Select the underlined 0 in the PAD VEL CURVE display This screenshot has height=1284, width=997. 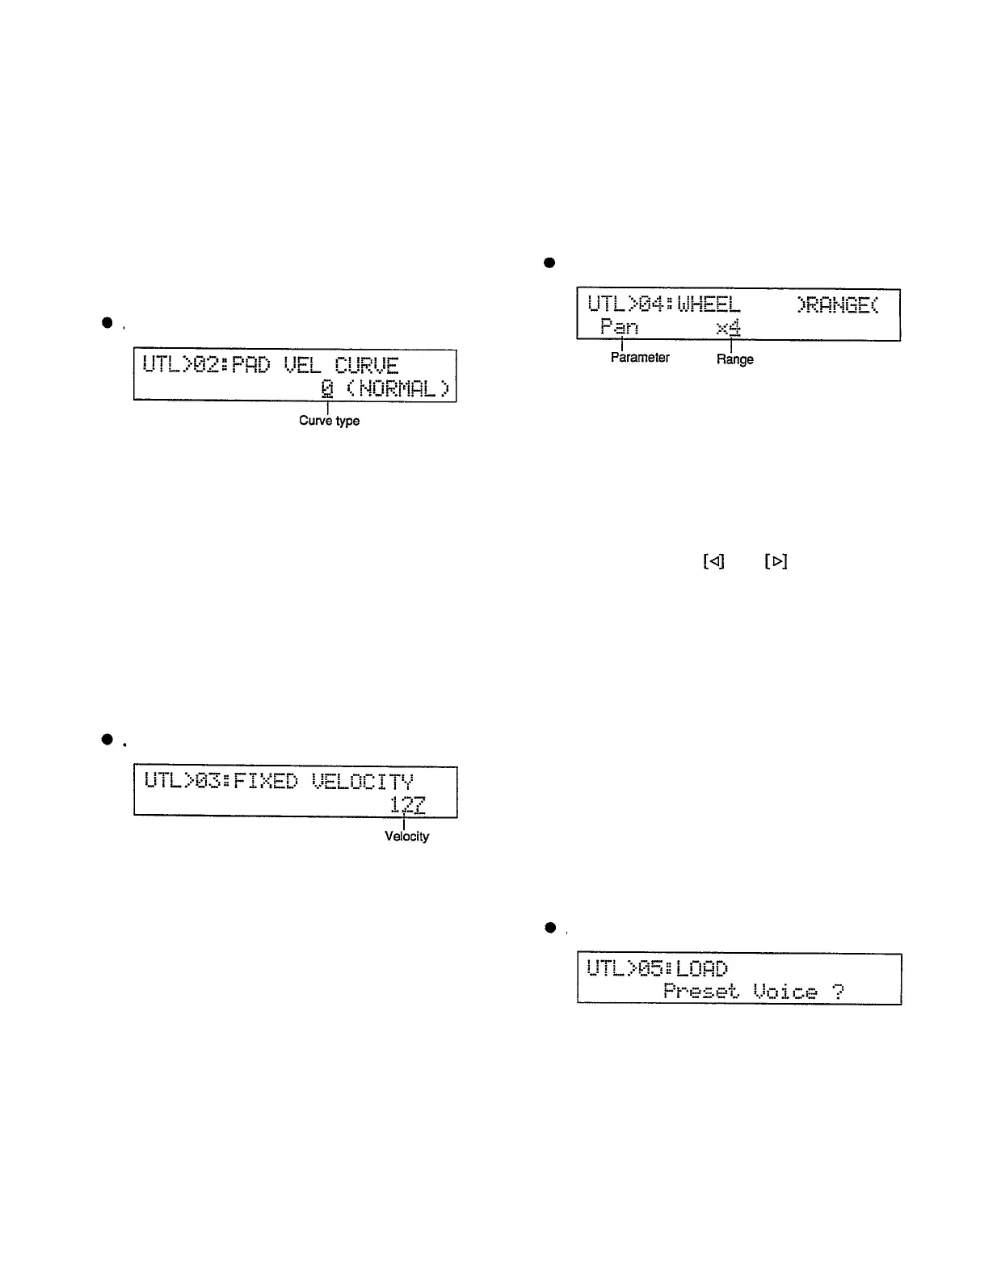[x=326, y=388]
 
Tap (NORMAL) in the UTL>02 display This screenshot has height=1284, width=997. [x=398, y=388]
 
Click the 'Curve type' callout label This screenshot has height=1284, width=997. [x=329, y=421]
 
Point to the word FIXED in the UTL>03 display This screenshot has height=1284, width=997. [x=265, y=781]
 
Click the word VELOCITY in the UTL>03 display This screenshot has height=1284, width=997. [x=363, y=781]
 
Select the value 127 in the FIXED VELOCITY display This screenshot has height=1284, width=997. [x=407, y=804]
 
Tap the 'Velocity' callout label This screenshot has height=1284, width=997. [x=406, y=837]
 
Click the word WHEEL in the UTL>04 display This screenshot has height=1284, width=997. [x=709, y=304]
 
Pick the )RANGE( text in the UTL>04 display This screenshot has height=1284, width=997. [x=837, y=304]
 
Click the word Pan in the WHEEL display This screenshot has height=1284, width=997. [x=619, y=327]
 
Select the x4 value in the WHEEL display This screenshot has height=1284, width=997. [x=728, y=327]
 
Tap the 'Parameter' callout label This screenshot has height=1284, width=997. [x=640, y=358]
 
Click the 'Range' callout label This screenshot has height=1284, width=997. [x=734, y=359]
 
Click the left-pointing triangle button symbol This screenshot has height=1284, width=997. [x=713, y=561]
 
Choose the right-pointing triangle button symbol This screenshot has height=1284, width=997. [x=776, y=561]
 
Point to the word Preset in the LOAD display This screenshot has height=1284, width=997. [x=700, y=991]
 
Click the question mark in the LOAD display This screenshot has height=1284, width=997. [x=838, y=991]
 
